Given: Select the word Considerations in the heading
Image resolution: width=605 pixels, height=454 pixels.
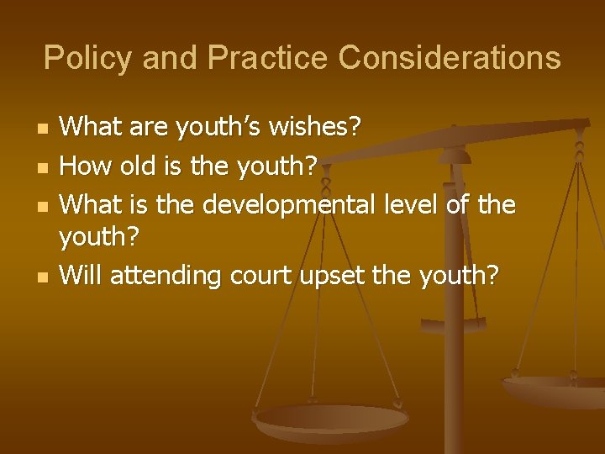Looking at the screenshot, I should pyautogui.click(x=449, y=58).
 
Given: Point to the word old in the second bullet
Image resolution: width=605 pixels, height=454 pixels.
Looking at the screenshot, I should pyautogui.click(x=136, y=166).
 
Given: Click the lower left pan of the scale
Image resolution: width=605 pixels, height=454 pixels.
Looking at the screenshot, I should pyautogui.click(x=331, y=420).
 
